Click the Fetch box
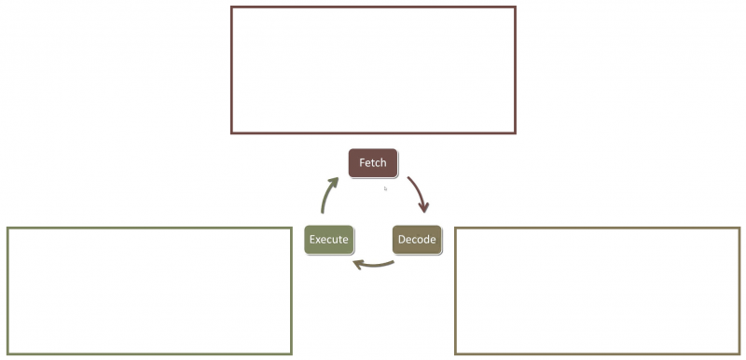[373, 163]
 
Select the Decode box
[416, 240]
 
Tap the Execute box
[329, 240]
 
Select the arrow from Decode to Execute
[373, 265]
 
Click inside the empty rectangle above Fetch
[373, 70]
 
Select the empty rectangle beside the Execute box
[149, 291]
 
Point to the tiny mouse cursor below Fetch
[385, 188]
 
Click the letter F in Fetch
[362, 163]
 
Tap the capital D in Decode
[402, 240]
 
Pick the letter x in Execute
[319, 240]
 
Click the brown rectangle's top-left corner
[232, 7]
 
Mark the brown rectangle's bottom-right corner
[515, 132]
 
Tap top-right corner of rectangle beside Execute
[291, 228]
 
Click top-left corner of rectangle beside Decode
[456, 228]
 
